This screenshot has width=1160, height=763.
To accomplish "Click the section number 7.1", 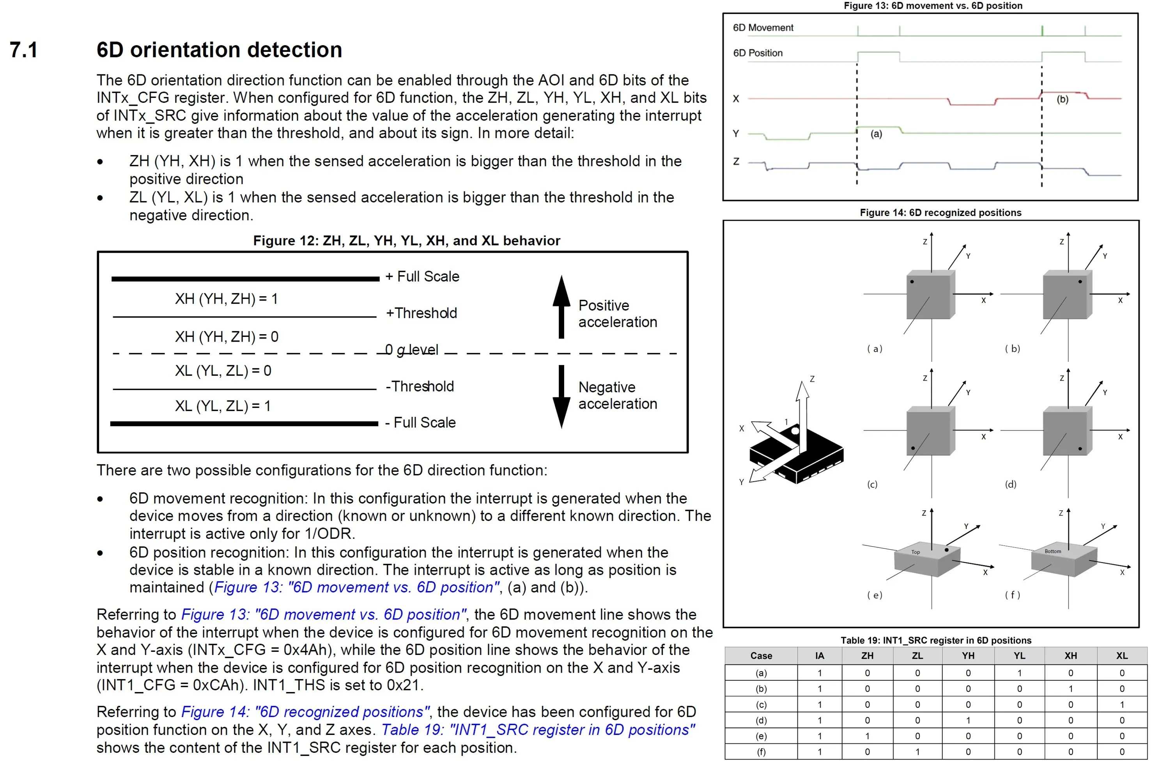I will (23, 50).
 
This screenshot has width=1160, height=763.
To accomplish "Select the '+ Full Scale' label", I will (422, 276).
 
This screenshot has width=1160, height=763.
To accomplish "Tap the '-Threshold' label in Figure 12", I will (420, 386).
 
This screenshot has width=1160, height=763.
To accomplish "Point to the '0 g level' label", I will (411, 350).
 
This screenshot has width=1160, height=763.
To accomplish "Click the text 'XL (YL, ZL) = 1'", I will (223, 406).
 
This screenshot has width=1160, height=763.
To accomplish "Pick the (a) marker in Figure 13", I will (876, 134).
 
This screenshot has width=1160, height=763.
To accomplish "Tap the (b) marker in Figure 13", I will (1062, 99).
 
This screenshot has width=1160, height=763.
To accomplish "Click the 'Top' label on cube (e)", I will (916, 552).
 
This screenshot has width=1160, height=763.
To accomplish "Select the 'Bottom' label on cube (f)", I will (1052, 551).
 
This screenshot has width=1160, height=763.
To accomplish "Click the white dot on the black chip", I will (795, 431).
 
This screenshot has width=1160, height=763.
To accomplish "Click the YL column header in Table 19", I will (1019, 655).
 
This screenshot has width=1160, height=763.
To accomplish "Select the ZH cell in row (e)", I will (867, 736).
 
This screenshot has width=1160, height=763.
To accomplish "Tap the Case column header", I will (761, 655).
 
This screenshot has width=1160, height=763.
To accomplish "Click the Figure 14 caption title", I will (940, 212).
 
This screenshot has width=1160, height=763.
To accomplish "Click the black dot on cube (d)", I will (1080, 449).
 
